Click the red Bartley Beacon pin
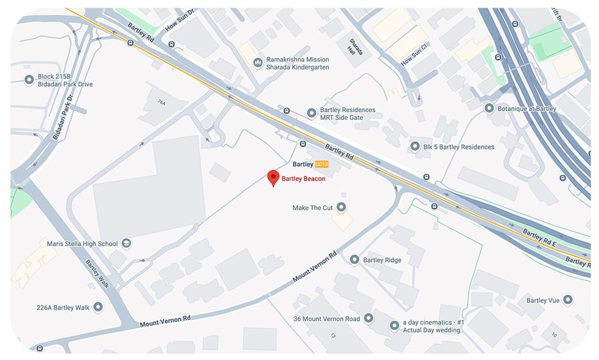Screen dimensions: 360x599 tap(273, 178)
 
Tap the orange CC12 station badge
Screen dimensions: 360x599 tap(322, 164)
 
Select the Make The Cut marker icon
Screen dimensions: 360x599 tap(341, 207)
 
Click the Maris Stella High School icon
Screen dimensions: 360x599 tap(126, 243)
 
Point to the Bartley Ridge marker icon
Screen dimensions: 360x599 tap(354, 259)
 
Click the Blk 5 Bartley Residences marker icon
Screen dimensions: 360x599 tap(415, 146)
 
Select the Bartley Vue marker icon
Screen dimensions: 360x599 tap(568, 300)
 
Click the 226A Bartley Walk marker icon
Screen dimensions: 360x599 tap(98, 307)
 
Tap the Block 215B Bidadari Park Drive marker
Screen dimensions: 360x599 tap(29, 80)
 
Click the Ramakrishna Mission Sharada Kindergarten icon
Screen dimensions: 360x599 tap(258, 62)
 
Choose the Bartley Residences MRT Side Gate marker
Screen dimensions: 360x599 tap(311, 113)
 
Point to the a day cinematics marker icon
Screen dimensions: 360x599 tap(394, 325)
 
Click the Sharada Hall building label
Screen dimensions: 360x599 tap(353, 47)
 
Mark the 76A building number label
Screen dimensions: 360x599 tap(161, 102)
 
